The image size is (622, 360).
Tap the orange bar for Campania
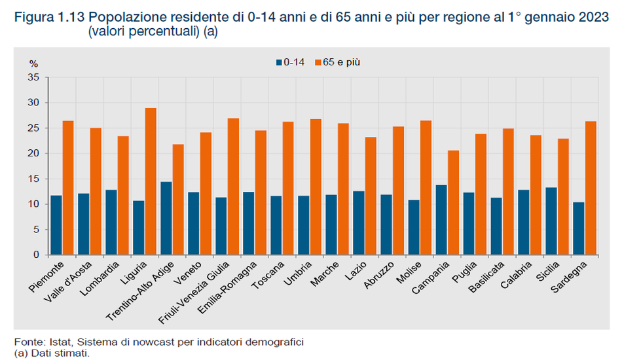tap(453, 203)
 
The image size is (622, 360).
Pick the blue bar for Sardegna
tap(578, 228)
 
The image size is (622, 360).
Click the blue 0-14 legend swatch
tap(278, 63)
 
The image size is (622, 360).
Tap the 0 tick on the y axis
tap(37, 255)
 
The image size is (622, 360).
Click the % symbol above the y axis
tap(33, 63)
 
